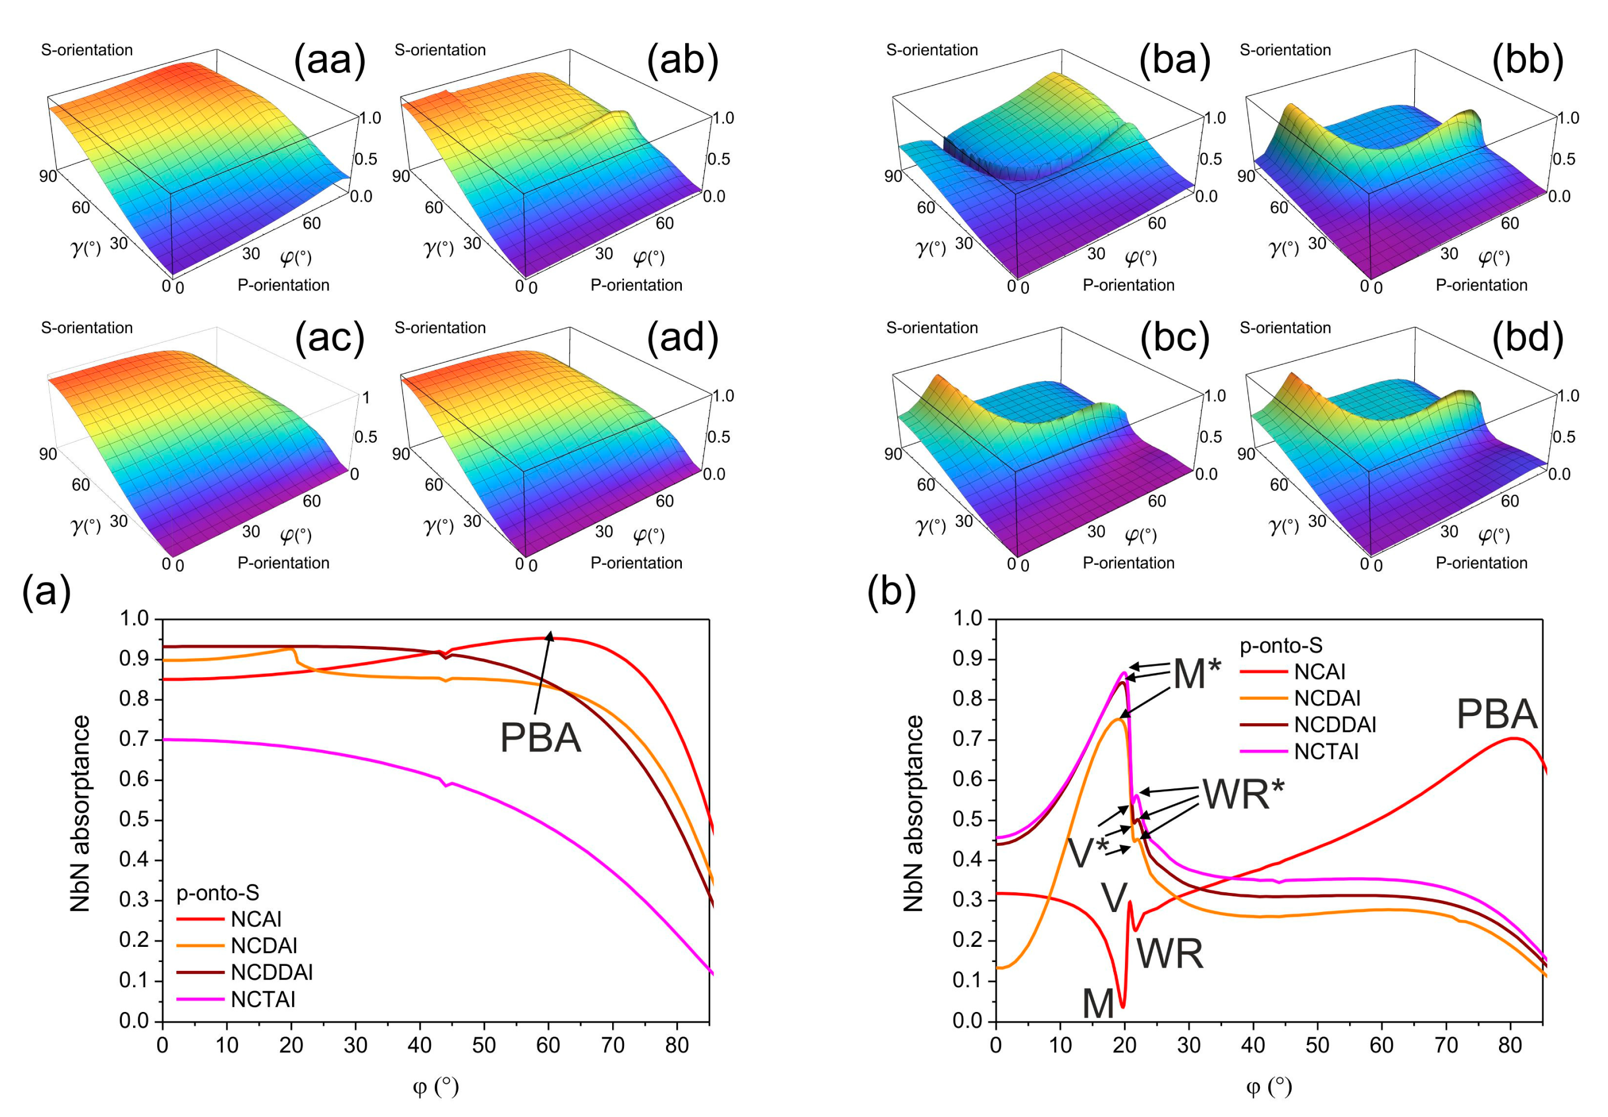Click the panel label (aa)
pos(330,60)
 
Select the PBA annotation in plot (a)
pos(540,738)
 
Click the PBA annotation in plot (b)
pos(1496,714)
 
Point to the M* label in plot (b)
pos(1196,674)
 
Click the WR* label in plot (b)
pos(1243,794)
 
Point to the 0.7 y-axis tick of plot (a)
pos(134,739)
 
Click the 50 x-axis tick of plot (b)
pos(1317,1045)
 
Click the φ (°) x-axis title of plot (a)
pos(435,1086)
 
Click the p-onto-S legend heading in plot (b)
pos(1281,645)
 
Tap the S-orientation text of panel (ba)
pos(931,49)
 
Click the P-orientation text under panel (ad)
pos(636,563)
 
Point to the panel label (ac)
pos(330,338)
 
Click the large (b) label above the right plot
pos(890,591)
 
